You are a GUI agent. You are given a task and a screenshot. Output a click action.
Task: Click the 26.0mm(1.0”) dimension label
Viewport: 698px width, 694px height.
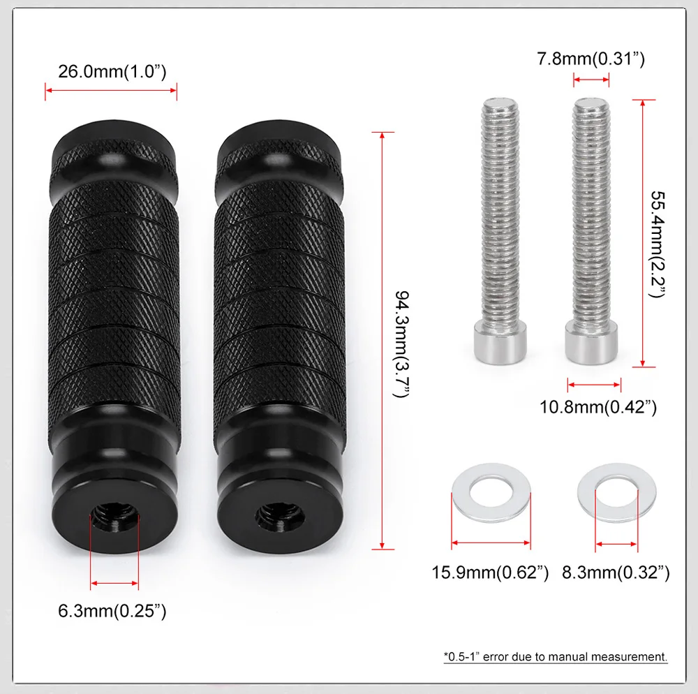coord(112,72)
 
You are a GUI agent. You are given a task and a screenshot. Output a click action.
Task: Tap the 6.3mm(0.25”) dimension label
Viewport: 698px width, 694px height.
coord(112,611)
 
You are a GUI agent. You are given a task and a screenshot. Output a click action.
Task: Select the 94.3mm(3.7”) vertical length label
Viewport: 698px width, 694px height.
coord(402,344)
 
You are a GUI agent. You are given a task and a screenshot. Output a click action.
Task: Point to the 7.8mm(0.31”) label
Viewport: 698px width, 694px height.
coord(591,59)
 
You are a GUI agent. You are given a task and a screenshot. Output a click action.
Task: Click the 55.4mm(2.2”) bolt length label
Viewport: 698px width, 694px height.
coord(658,244)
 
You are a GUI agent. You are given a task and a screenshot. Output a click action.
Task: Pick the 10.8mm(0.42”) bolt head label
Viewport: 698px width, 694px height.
coord(598,407)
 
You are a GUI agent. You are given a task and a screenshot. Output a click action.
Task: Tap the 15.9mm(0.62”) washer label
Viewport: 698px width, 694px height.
coord(490,573)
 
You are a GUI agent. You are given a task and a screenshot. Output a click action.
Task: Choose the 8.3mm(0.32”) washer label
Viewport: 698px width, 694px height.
coord(616,573)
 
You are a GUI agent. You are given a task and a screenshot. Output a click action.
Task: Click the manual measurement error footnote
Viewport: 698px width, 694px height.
coord(556,656)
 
